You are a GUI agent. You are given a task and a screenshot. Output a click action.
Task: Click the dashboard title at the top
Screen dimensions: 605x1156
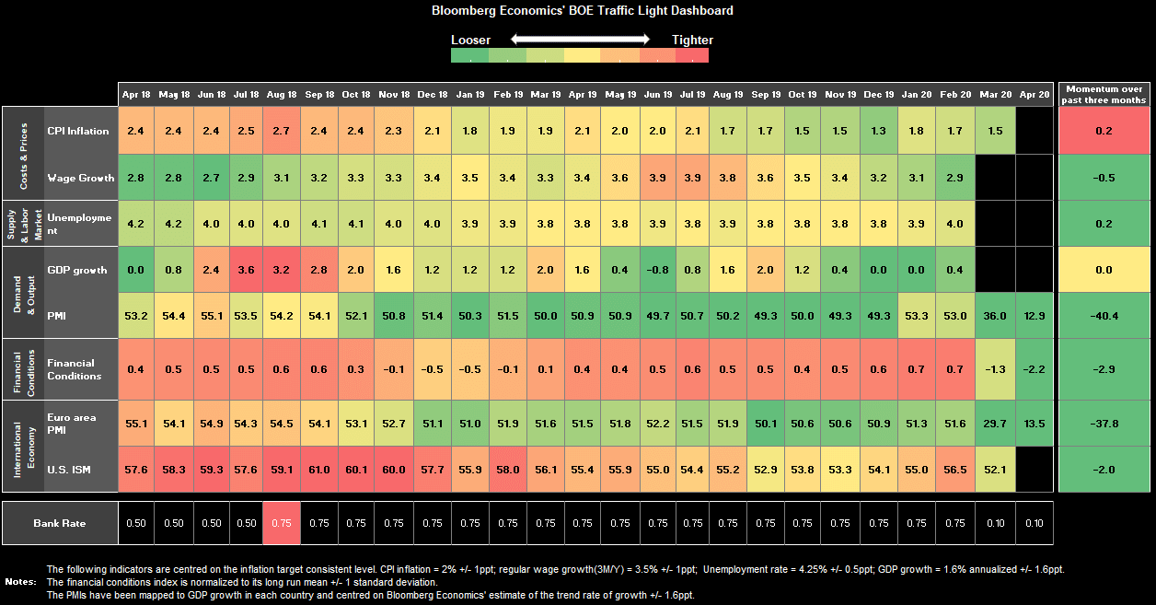pyautogui.click(x=583, y=11)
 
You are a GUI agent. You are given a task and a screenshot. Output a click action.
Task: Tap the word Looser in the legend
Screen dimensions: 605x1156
pyautogui.click(x=470, y=40)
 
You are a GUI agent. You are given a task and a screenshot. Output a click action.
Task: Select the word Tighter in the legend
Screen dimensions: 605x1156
pyautogui.click(x=692, y=40)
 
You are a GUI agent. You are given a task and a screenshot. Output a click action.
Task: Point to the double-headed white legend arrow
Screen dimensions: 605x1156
pyautogui.click(x=581, y=40)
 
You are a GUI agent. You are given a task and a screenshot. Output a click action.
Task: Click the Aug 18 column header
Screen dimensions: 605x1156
pyautogui.click(x=282, y=95)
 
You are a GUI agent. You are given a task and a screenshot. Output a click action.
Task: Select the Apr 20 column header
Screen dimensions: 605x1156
pyautogui.click(x=1034, y=95)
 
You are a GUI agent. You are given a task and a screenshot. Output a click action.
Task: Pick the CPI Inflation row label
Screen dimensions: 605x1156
pyautogui.click(x=78, y=131)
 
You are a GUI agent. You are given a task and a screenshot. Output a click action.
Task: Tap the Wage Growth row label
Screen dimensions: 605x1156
pyautogui.click(x=80, y=178)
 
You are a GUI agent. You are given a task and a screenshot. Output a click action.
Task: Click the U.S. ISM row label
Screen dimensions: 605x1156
pyautogui.click(x=70, y=469)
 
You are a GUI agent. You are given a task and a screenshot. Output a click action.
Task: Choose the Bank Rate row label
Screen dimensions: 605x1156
pyautogui.click(x=60, y=523)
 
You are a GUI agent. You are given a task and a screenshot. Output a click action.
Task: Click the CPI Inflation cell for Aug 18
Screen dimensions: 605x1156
pyautogui.click(x=282, y=131)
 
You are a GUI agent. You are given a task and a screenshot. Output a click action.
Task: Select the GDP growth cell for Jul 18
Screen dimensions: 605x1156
pyautogui.click(x=245, y=270)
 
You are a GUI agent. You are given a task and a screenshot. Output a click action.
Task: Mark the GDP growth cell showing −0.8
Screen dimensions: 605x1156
pyautogui.click(x=657, y=270)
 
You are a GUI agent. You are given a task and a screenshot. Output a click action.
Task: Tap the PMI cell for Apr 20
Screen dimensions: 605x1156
pyautogui.click(x=1034, y=316)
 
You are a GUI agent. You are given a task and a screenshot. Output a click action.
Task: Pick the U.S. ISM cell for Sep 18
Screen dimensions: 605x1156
pyautogui.click(x=319, y=469)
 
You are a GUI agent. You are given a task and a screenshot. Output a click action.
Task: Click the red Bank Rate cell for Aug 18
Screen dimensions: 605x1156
pyautogui.click(x=282, y=523)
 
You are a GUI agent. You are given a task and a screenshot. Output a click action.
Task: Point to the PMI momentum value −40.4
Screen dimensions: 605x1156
pyautogui.click(x=1104, y=316)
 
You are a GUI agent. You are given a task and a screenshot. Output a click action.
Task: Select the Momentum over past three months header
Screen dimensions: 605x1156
pyautogui.click(x=1104, y=94)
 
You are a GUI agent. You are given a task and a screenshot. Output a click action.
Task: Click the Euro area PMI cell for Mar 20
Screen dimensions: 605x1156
pyautogui.click(x=996, y=423)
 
